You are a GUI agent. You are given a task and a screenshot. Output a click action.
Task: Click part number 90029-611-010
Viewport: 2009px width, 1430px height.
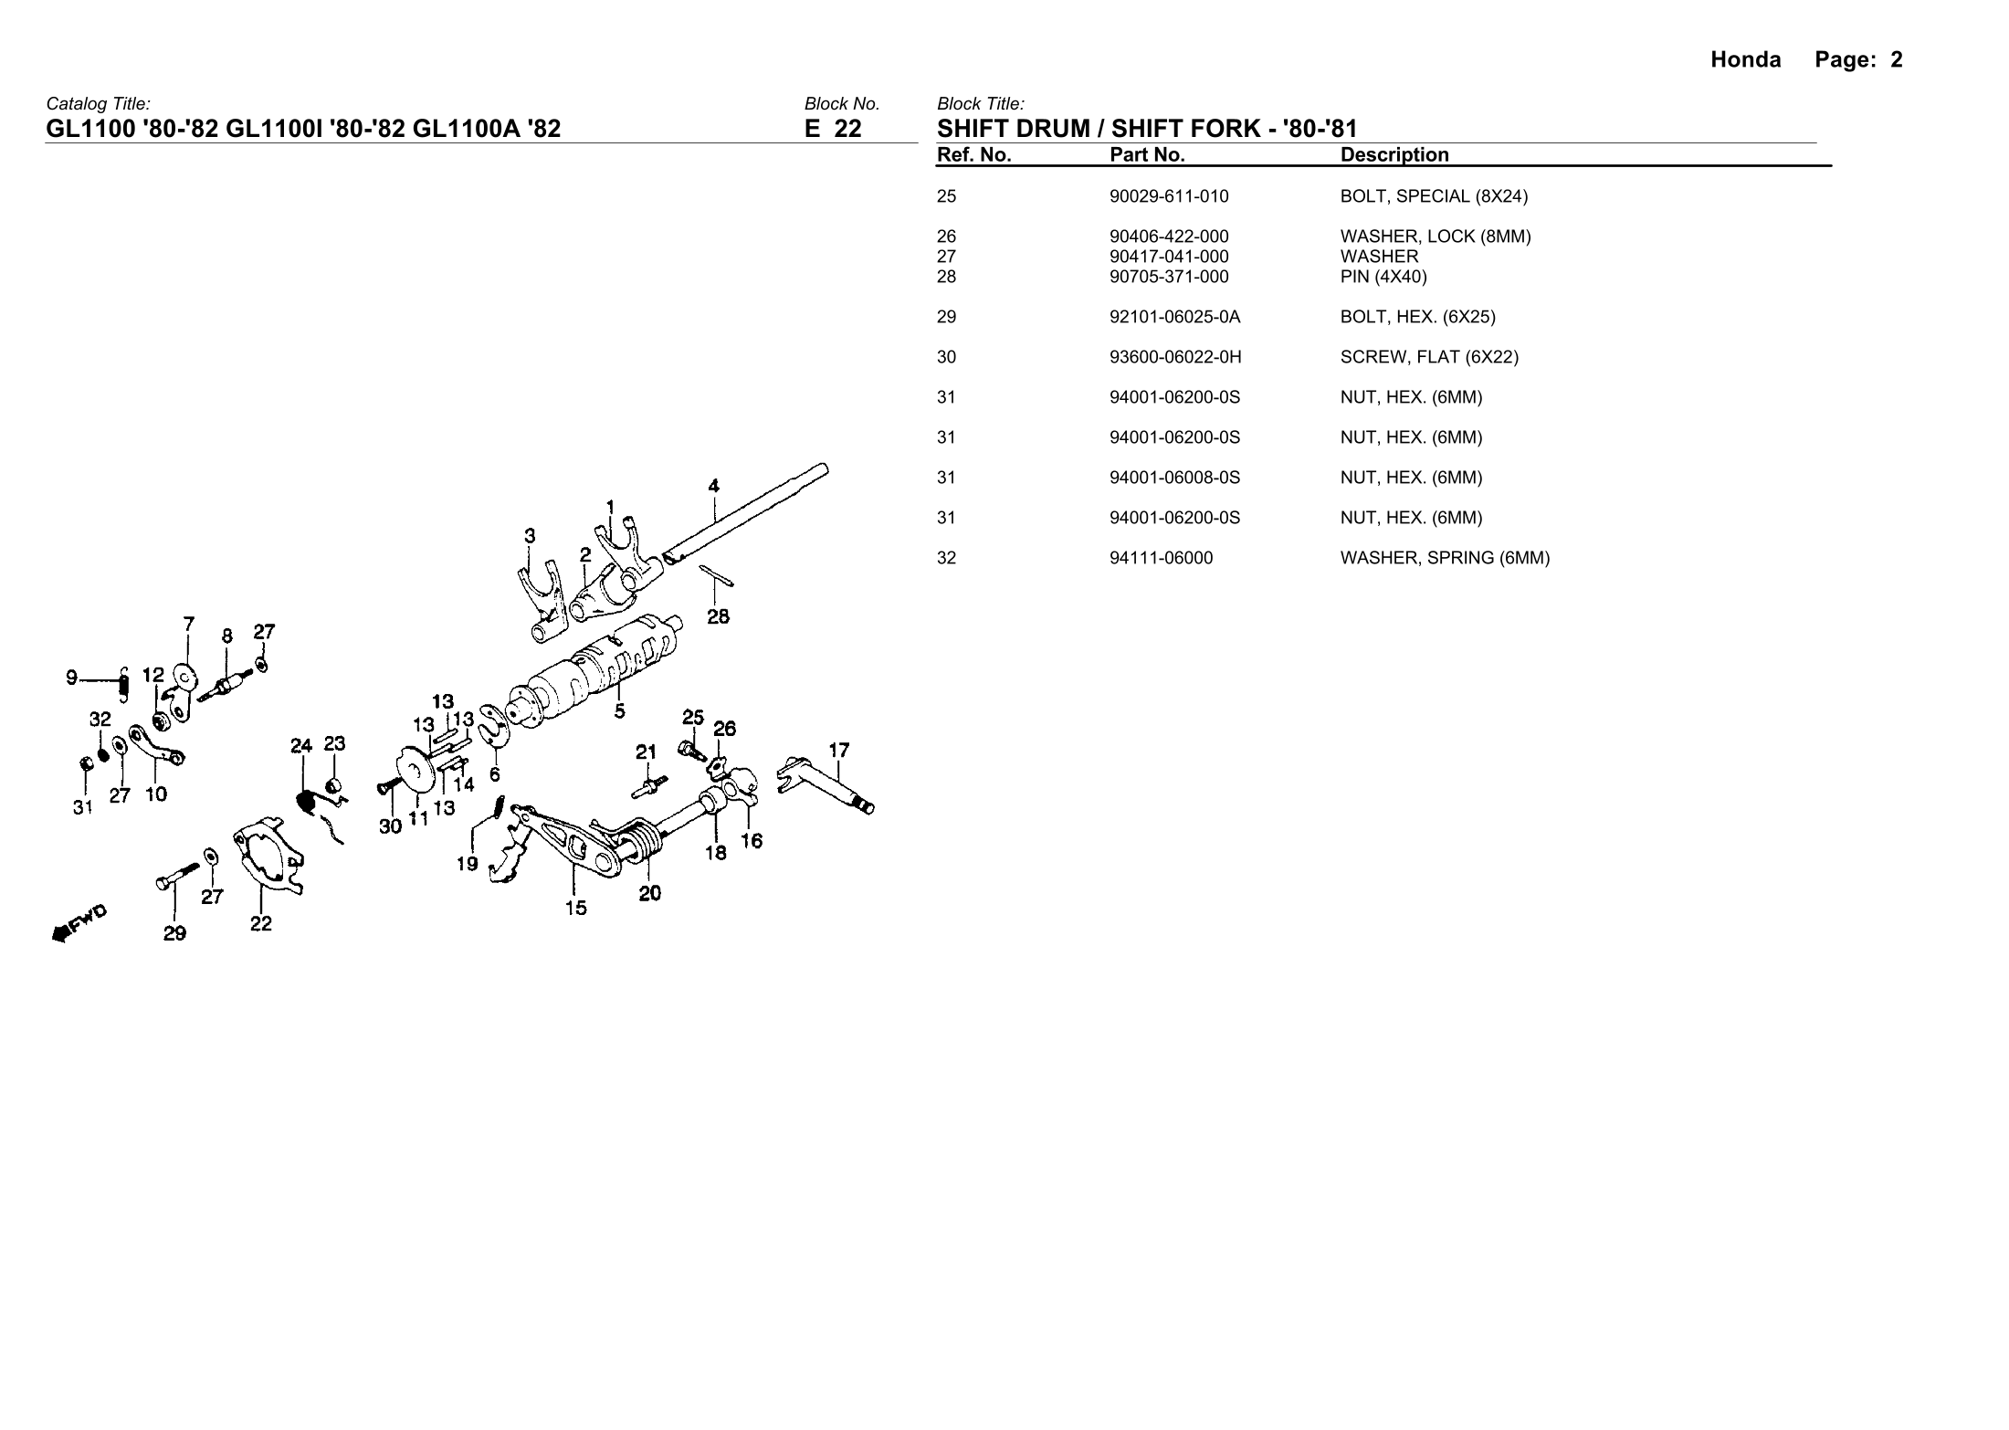pyautogui.click(x=1169, y=196)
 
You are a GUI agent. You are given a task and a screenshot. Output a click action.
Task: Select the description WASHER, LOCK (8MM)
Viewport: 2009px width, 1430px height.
pyautogui.click(x=1435, y=237)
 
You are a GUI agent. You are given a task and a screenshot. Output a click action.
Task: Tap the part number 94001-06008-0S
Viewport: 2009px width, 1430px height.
pyautogui.click(x=1174, y=478)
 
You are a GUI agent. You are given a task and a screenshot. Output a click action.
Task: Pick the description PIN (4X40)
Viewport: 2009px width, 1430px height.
pyautogui.click(x=1383, y=277)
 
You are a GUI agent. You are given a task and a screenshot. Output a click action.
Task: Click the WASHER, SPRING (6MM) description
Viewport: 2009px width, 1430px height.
pyautogui.click(x=1445, y=558)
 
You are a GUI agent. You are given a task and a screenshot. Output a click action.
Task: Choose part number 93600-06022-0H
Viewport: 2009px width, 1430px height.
pyautogui.click(x=1175, y=357)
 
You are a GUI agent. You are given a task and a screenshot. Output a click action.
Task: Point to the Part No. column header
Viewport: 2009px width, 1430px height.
pyautogui.click(x=1147, y=155)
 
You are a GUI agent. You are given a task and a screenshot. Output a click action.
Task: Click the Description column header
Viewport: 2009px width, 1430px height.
pyautogui.click(x=1394, y=155)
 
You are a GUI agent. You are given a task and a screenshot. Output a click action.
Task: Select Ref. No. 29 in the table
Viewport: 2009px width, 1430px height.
pyautogui.click(x=946, y=317)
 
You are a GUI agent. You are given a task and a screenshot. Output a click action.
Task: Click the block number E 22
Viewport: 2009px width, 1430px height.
pyautogui.click(x=832, y=129)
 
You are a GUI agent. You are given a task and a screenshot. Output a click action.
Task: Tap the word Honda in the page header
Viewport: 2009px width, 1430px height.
pyautogui.click(x=1745, y=60)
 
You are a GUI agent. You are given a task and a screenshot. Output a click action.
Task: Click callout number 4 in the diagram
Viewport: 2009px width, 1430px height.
pyautogui.click(x=714, y=486)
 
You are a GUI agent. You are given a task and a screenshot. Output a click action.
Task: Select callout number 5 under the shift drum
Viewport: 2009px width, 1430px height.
pyautogui.click(x=620, y=710)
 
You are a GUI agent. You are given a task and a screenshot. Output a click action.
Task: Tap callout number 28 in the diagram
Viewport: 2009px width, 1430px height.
pyautogui.click(x=718, y=617)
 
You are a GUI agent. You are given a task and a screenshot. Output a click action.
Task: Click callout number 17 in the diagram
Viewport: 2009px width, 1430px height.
pyautogui.click(x=838, y=751)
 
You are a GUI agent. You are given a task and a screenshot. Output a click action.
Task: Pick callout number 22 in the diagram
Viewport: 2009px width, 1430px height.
pyautogui.click(x=261, y=924)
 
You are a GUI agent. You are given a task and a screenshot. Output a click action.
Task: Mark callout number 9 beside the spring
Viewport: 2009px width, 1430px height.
pyautogui.click(x=71, y=678)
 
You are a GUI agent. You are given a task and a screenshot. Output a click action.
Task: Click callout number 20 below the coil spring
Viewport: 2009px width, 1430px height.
pyautogui.click(x=649, y=894)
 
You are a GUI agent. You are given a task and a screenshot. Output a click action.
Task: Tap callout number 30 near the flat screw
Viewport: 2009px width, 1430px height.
pyautogui.click(x=390, y=826)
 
